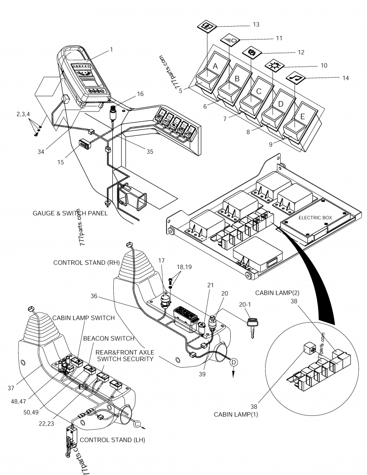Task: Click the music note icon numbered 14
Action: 294,78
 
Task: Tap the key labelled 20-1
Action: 252,326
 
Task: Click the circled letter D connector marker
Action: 234,362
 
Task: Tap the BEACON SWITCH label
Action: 108,338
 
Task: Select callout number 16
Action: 140,94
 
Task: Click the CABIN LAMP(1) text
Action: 234,414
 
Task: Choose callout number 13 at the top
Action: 256,24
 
